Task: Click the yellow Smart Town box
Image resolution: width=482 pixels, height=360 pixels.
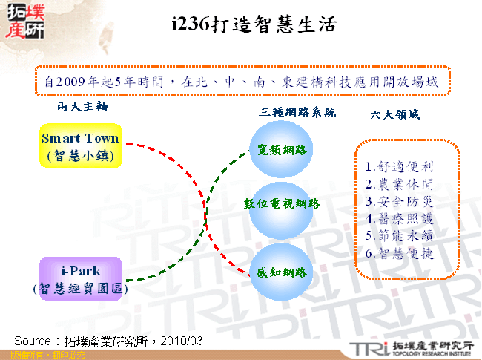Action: coord(80,146)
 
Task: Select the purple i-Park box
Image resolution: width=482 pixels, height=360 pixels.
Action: coord(80,278)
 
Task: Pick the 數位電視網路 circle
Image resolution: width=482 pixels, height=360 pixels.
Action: coord(282,203)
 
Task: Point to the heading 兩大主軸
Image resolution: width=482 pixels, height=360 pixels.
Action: coord(82,107)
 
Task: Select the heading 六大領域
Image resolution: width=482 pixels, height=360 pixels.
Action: coord(394,115)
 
